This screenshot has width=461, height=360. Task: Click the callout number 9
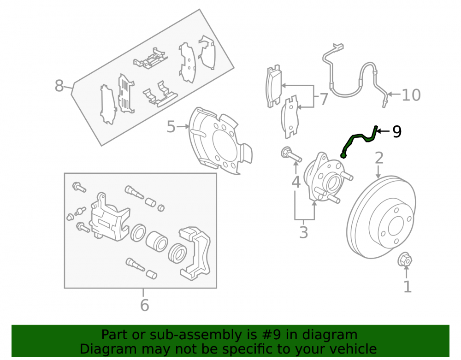tap(397, 131)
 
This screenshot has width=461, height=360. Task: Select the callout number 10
tap(411, 95)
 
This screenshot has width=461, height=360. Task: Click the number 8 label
tap(59, 86)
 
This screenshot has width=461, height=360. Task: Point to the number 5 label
tap(171, 127)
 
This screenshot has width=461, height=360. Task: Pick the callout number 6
tap(144, 305)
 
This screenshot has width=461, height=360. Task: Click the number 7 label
tap(324, 99)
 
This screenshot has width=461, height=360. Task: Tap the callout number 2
tap(379, 158)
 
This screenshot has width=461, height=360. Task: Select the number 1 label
tap(407, 287)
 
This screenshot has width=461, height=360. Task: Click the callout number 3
tap(304, 232)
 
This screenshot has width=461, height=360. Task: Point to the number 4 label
tap(296, 182)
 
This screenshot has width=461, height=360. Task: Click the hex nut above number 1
tap(405, 259)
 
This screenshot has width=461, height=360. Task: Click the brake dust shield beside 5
tap(220, 141)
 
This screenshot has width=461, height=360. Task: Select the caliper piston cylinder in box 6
tap(156, 241)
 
